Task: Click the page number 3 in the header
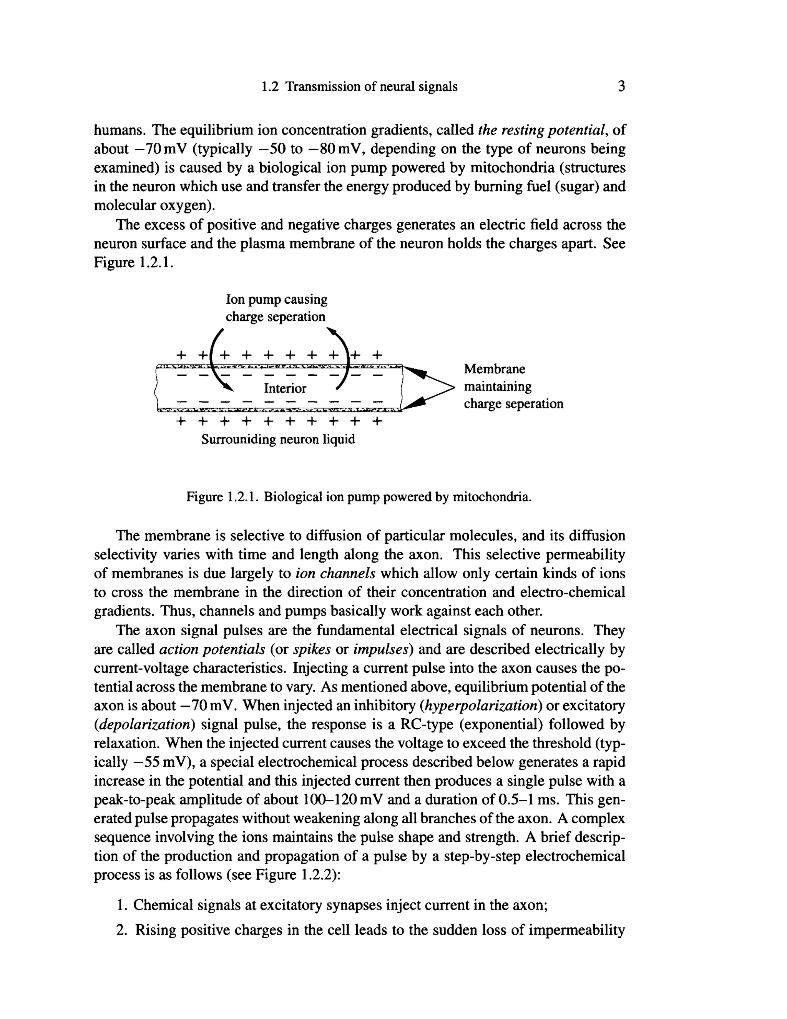(x=621, y=86)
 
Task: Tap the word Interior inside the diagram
(x=285, y=388)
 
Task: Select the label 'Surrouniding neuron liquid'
(x=278, y=440)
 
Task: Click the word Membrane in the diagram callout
(x=494, y=369)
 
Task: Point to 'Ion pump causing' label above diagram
(x=276, y=299)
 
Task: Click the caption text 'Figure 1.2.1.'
(x=223, y=497)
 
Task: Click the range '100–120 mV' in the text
(x=343, y=800)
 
